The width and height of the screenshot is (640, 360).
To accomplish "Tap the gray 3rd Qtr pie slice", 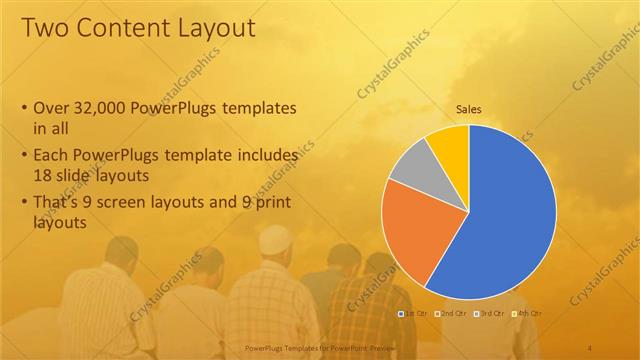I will tap(410, 169).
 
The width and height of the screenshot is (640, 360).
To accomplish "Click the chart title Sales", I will tap(469, 109).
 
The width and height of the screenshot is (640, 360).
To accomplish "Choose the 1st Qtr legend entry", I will tap(415, 314).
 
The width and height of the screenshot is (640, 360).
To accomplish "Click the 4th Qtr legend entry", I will tap(527, 314).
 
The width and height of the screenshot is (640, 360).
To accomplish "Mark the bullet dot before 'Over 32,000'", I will tap(24, 108).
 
